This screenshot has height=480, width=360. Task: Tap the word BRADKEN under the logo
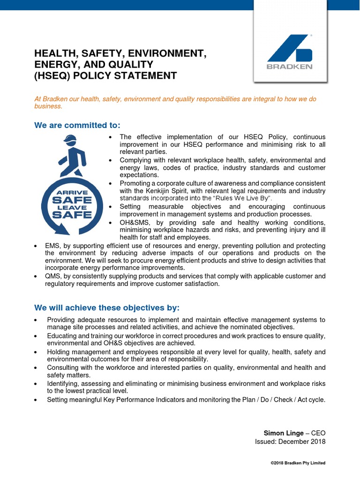[289, 67]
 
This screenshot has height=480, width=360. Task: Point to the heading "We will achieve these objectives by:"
[107, 307]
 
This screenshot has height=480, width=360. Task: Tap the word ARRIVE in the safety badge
[72, 192]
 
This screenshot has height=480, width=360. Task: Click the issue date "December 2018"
[302, 442]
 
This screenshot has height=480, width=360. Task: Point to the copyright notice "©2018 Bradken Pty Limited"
[298, 463]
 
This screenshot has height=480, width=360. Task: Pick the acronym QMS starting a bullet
[53, 276]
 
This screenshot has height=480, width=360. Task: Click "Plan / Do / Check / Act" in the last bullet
[271, 399]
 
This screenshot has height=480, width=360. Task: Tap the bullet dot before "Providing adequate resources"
[37, 320]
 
